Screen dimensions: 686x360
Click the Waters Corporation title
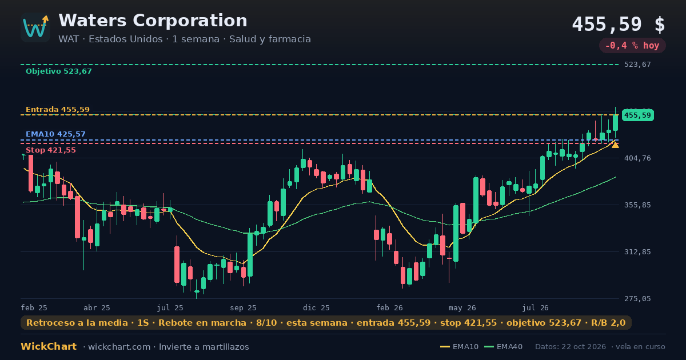coord(153,21)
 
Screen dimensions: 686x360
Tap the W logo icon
coord(35,27)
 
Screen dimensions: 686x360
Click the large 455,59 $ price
coord(619,25)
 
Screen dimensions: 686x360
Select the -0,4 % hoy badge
coord(632,46)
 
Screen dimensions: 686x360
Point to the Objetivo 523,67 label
coord(59,71)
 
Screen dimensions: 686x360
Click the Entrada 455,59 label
coord(58,110)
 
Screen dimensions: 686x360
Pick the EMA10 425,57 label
coord(55,134)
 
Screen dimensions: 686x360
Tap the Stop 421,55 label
coord(50,150)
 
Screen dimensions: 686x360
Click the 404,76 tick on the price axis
coord(637,158)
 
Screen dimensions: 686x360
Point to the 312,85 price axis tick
coord(637,252)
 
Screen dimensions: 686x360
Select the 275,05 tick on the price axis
coord(637,298)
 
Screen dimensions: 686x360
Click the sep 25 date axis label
coord(243,308)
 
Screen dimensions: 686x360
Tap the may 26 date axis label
coord(462,308)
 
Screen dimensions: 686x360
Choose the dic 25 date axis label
coord(316,308)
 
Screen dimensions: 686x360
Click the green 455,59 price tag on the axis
coord(637,115)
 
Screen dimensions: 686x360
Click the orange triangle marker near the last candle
coord(615,145)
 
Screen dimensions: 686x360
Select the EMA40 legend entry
coord(504,347)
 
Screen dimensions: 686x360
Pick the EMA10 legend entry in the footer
coord(460,347)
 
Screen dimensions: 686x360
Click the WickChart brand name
coord(49,346)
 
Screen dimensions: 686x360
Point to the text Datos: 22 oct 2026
coord(571,347)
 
